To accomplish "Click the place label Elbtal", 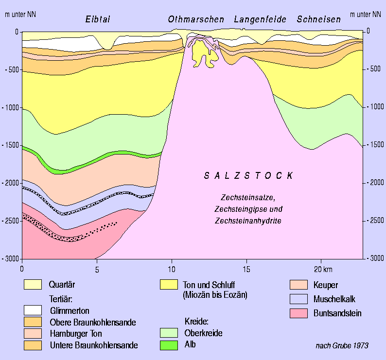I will pyautogui.click(x=98, y=20).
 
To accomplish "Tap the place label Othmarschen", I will pyautogui.click(x=196, y=20).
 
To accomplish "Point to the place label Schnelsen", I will pyautogui.click(x=319, y=20).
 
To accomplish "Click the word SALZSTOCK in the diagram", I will pyautogui.click(x=248, y=176).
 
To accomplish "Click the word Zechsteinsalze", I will pyautogui.click(x=248, y=198).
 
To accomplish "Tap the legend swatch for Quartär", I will pyautogui.click(x=33, y=285).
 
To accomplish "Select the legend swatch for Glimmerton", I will pyautogui.click(x=33, y=310).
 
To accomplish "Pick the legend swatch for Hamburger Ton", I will pyautogui.click(x=33, y=334).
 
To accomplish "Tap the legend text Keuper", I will pyautogui.click(x=326, y=285).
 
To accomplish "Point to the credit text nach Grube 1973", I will pyautogui.click(x=342, y=345).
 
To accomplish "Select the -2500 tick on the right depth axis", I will pyautogui.click(x=373, y=221).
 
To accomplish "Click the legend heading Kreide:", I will pyautogui.click(x=195, y=322).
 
